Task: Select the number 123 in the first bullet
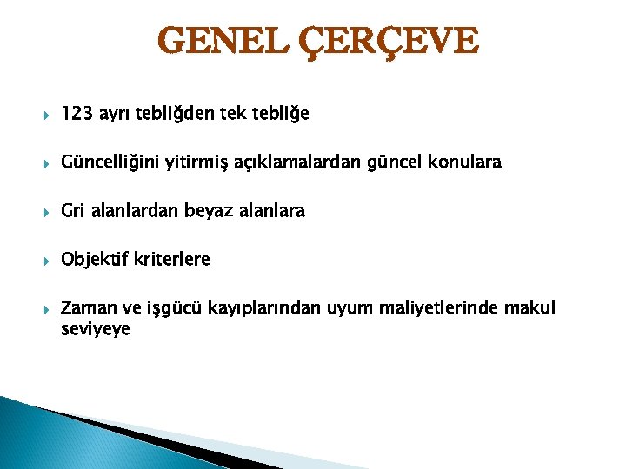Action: point(77,114)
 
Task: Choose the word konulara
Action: point(466,162)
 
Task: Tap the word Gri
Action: point(73,211)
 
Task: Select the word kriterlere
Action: point(172,260)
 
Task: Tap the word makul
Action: point(527,308)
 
